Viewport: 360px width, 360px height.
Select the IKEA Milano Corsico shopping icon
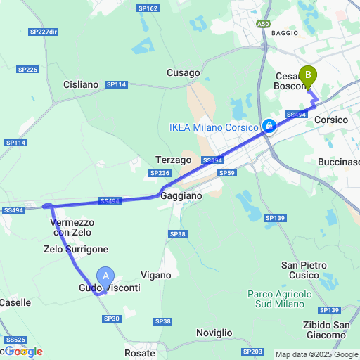point(268,127)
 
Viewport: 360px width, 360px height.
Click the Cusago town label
point(184,72)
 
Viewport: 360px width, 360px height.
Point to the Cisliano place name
point(81,84)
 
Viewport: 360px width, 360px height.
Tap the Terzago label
point(174,160)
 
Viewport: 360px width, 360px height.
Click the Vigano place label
point(156,276)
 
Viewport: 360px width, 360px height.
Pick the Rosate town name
point(139,353)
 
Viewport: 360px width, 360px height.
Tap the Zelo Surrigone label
point(76,249)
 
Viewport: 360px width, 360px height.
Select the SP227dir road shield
point(43,32)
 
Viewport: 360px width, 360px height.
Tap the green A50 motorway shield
point(263,24)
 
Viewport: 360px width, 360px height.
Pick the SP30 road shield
point(112,319)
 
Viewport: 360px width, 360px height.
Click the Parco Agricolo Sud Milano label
point(276,298)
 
